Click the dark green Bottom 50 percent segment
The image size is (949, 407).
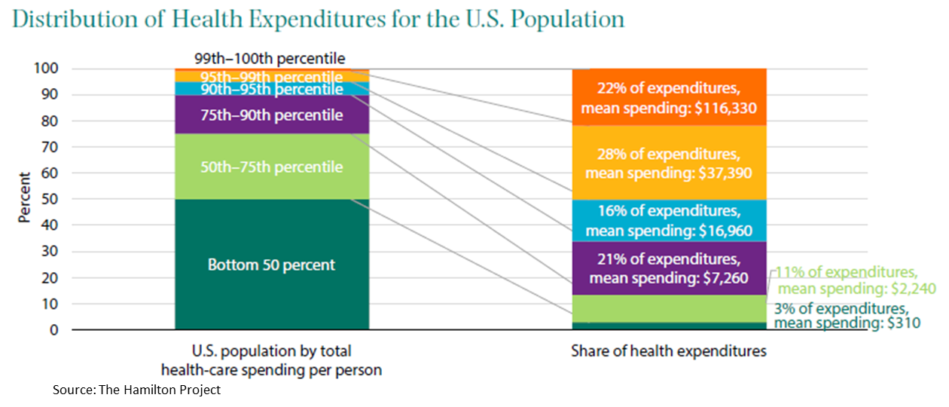pos(271,265)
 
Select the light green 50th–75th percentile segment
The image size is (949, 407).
pos(271,167)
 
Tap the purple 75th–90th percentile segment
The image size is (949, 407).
pos(271,115)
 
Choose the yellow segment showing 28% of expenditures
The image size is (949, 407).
pos(669,164)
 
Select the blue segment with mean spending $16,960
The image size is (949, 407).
pos(669,221)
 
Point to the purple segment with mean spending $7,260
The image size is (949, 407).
pos(669,269)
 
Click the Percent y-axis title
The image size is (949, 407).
pos(25,198)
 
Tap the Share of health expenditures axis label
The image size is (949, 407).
pos(668,351)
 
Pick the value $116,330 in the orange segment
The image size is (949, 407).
pos(724,109)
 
